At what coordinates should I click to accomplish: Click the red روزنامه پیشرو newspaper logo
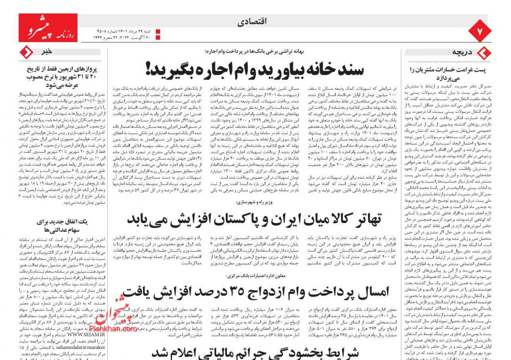pyautogui.click(x=48, y=28)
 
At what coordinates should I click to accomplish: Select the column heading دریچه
pyautogui.click(x=462, y=52)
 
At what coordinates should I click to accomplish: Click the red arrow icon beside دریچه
pyautogui.click(x=484, y=53)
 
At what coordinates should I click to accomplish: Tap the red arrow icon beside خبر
pyautogui.click(x=27, y=52)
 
